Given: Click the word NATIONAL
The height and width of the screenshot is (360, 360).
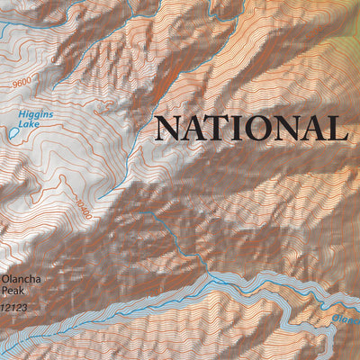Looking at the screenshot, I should pyautogui.click(x=251, y=128).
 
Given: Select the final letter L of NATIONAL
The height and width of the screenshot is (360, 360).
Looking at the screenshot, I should pyautogui.click(x=337, y=128).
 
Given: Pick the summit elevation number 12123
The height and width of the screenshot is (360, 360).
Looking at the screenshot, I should pyautogui.click(x=15, y=308).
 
